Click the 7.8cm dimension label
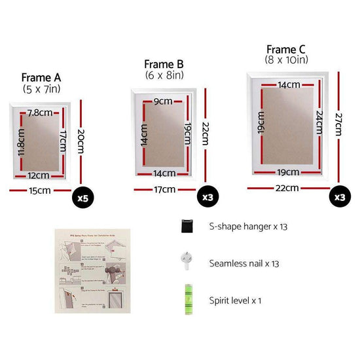tap(41, 113)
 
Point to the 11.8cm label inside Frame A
tap(20, 143)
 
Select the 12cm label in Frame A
tap(39, 175)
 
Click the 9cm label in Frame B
tap(164, 101)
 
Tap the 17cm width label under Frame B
tap(164, 190)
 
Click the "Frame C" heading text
tap(287, 49)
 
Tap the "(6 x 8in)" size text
tap(164, 76)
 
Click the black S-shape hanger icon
tap(187, 226)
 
